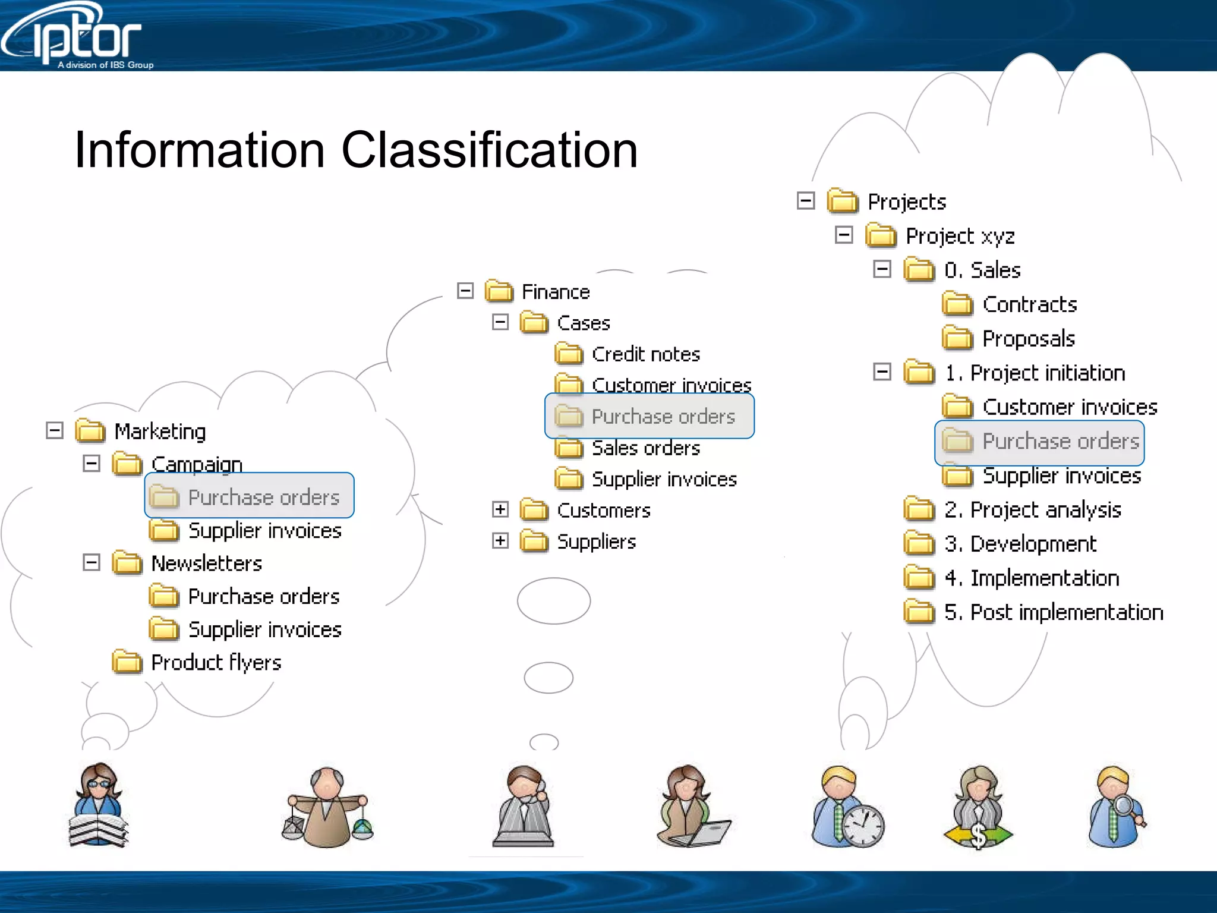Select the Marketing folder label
[x=159, y=432]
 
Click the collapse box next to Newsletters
[x=92, y=562]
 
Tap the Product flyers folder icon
[x=127, y=662]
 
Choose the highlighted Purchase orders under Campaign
[x=263, y=497]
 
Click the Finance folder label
[x=555, y=292]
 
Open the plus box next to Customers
[x=500, y=509]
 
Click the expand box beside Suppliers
[x=500, y=541]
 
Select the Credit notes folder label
[x=645, y=354]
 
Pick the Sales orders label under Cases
[x=645, y=448]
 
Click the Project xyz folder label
[x=959, y=236]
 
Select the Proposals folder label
[x=1028, y=339]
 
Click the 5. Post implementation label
[x=1053, y=612]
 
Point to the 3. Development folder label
[x=1020, y=544]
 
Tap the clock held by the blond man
[x=863, y=826]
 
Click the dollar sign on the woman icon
[x=978, y=835]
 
